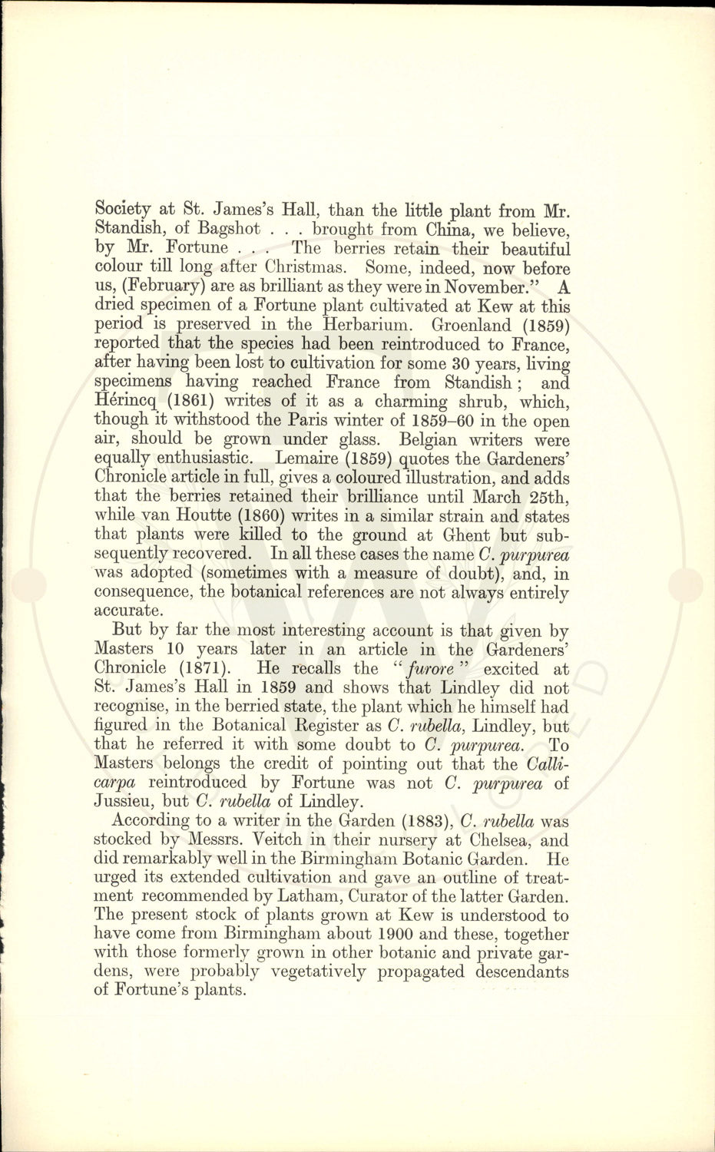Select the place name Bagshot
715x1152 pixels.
(232, 229)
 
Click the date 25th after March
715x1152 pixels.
(548, 497)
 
